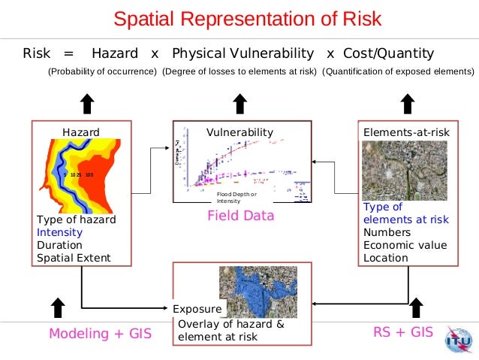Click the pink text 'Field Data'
240,216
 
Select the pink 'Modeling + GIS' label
100,334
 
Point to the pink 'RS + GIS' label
402,331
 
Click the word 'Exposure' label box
197,309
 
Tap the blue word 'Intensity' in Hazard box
59,232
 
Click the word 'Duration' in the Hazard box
59,245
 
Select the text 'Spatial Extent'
73,258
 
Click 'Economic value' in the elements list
405,245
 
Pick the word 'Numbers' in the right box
387,232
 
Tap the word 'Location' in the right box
386,258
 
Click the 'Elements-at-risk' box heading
406,132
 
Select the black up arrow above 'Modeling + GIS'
57,306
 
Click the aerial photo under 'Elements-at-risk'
404,170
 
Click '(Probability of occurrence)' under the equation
102,72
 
